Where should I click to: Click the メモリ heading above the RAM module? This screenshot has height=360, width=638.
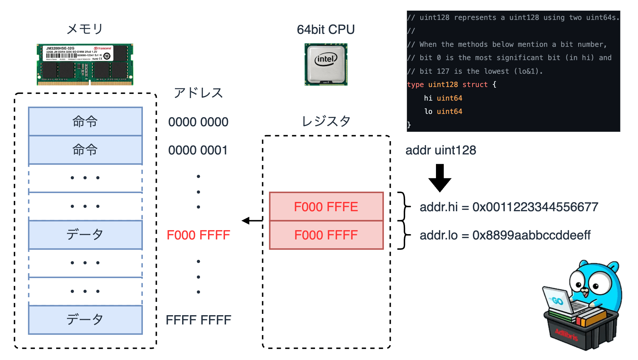pos(85,29)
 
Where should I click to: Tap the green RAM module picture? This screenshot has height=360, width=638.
pos(85,64)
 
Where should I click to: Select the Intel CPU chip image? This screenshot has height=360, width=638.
pos(326,64)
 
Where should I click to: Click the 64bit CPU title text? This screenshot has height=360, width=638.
pos(326,30)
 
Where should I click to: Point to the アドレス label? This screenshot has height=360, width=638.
pos(198,93)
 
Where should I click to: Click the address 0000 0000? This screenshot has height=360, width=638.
pos(198,122)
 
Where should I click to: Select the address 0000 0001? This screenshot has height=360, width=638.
pos(198,150)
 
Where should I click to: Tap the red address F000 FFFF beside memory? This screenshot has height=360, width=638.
pos(198,235)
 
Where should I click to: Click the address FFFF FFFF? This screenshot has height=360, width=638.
pos(198,320)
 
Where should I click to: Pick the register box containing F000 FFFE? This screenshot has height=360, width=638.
pos(326,207)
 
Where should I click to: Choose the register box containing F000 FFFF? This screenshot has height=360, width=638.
pos(326,235)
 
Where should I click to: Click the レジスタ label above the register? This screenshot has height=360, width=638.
pos(326,121)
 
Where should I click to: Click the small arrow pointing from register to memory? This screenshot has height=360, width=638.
pos(252,221)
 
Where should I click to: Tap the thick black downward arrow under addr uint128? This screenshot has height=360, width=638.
pos(440,178)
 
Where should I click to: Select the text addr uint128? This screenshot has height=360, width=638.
pos(441,150)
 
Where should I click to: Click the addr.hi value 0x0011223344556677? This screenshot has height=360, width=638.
pos(535,207)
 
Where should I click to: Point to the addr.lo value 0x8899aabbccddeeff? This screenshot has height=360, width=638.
pos(531,235)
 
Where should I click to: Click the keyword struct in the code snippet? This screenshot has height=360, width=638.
pos(475,85)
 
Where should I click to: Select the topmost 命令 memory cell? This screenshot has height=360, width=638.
pos(85,122)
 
